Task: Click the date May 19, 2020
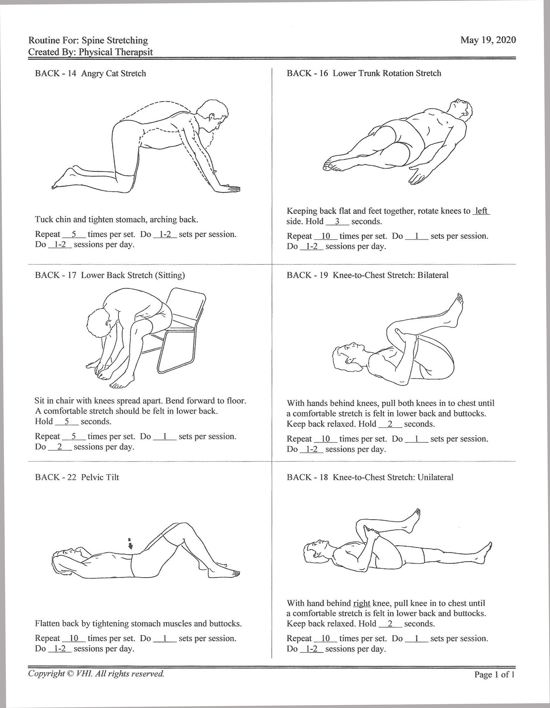pyautogui.click(x=488, y=40)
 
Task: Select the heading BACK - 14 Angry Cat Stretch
pyautogui.click(x=90, y=74)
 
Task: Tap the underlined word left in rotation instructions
pyautogui.click(x=481, y=211)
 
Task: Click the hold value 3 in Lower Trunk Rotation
pyautogui.click(x=337, y=222)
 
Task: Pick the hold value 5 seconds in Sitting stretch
pyautogui.click(x=67, y=421)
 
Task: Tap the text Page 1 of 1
pyautogui.click(x=494, y=675)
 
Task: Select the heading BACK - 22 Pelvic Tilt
pyautogui.click(x=77, y=477)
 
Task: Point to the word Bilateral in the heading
pyautogui.click(x=433, y=275)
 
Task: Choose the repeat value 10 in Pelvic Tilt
pyautogui.click(x=74, y=638)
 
